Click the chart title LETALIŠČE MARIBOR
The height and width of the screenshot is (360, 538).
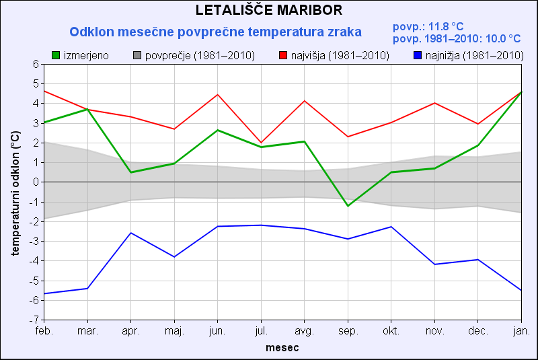coord(269,10)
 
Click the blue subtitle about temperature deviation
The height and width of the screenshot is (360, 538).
coord(216,32)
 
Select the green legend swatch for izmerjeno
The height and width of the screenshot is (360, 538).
coord(56,55)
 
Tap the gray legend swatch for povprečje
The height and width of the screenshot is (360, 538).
coord(138,55)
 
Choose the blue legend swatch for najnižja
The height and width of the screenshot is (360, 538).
coord(418,55)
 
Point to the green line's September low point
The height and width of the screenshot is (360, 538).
coord(348,205)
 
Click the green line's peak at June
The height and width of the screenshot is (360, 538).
coord(218,130)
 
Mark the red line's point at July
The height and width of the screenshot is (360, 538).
coord(261,143)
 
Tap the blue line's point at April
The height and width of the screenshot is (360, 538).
coord(131,233)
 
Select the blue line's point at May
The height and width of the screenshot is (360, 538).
coord(174,257)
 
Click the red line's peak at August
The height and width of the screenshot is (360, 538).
coord(305,101)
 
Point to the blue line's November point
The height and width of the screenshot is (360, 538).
coord(434,264)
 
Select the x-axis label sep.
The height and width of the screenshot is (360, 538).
coord(348,331)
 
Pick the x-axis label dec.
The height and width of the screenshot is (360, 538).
coord(478,331)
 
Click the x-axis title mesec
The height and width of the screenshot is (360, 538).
coord(282,348)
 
